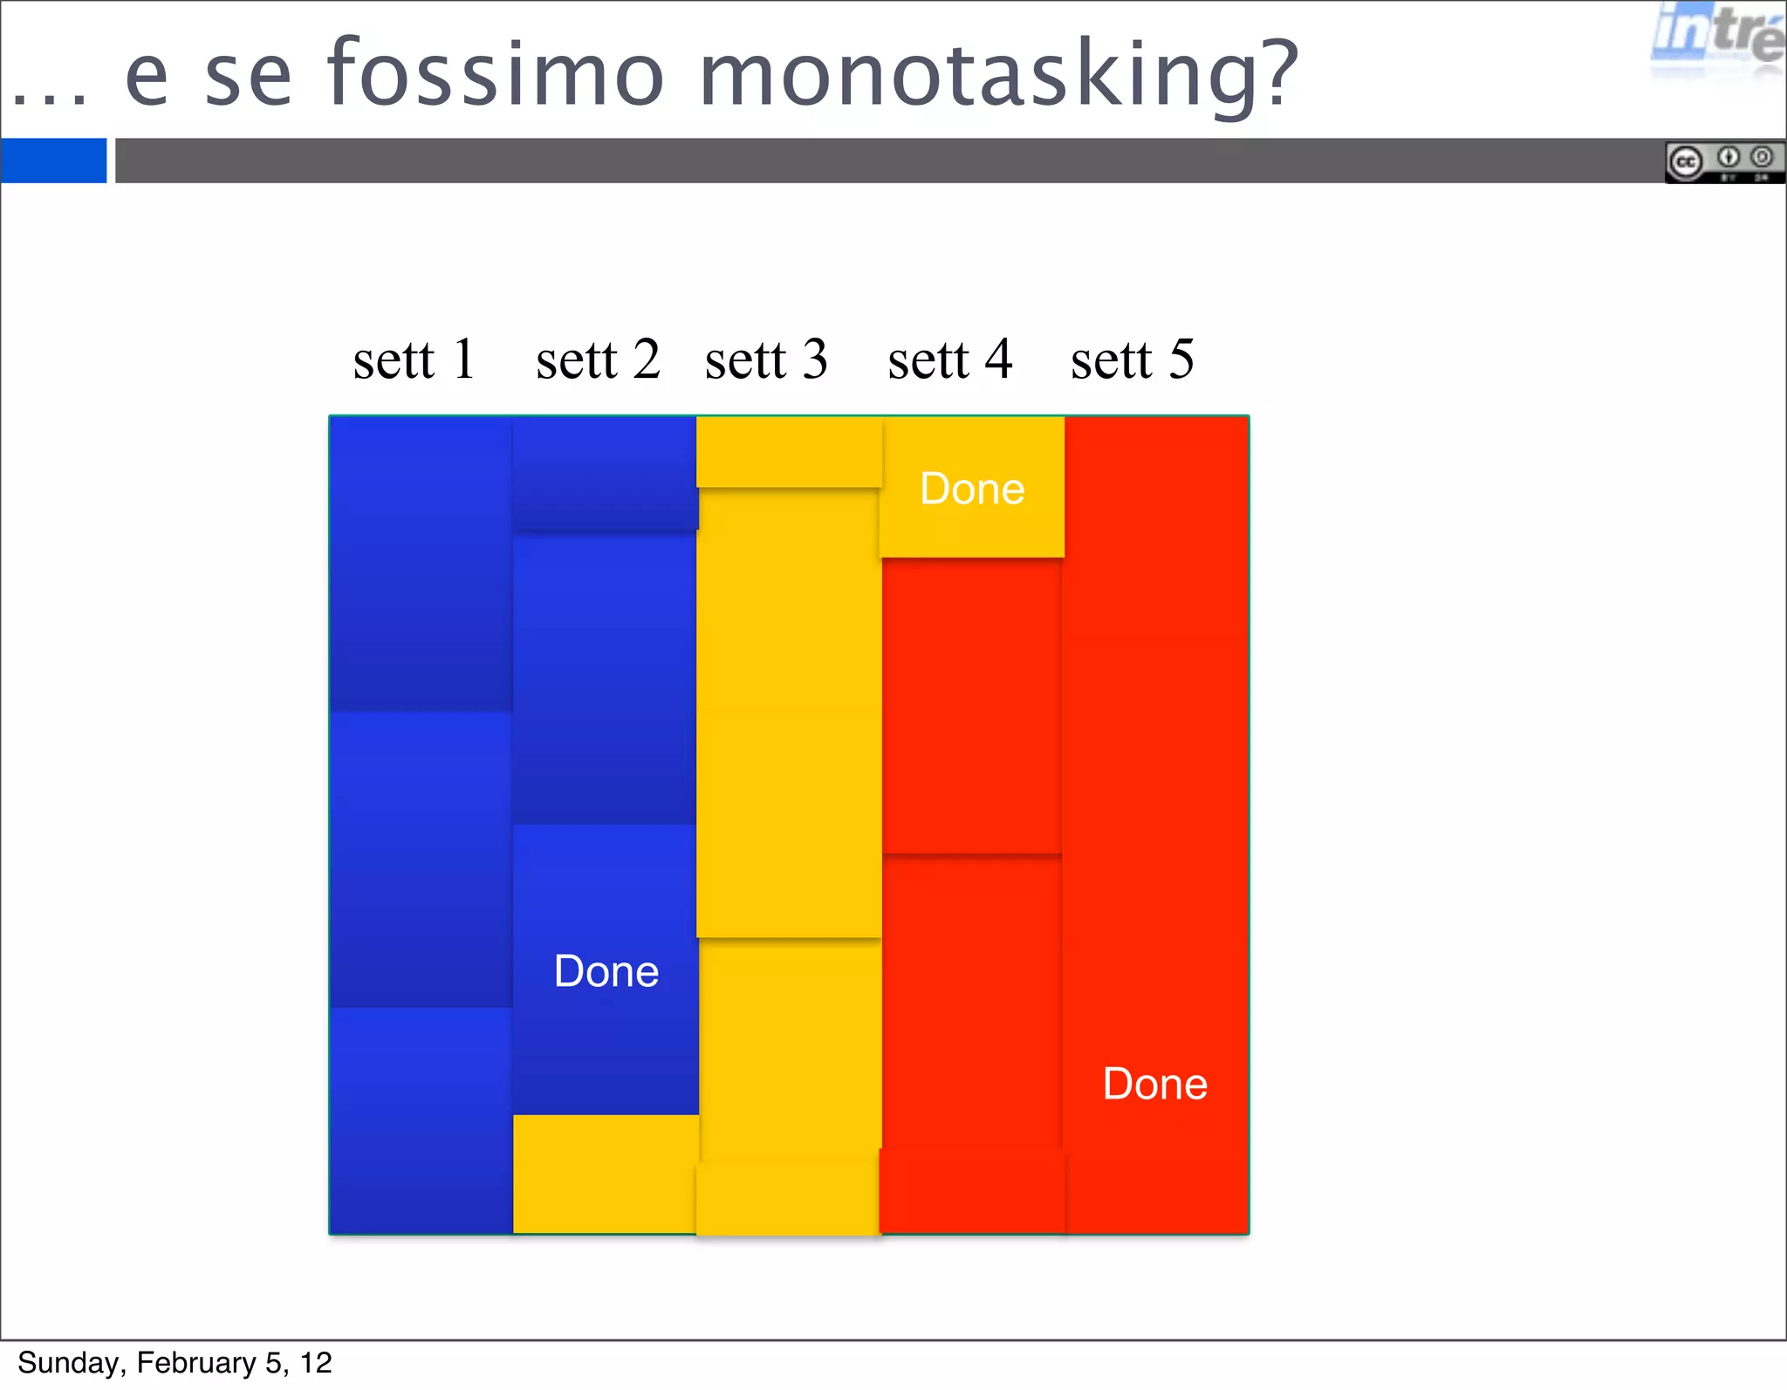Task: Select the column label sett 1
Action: point(414,359)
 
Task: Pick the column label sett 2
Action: point(598,359)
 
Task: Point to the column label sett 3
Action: point(766,359)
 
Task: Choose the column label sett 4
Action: point(949,359)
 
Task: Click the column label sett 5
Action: point(1133,359)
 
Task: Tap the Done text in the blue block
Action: point(606,971)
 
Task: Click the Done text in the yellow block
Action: point(972,489)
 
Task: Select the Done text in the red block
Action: point(1154,1084)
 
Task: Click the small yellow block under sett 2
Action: point(604,1174)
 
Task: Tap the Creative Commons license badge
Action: point(1723,162)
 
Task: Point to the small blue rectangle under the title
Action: point(53,161)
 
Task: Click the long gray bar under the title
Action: point(873,161)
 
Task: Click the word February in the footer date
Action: point(196,1362)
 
